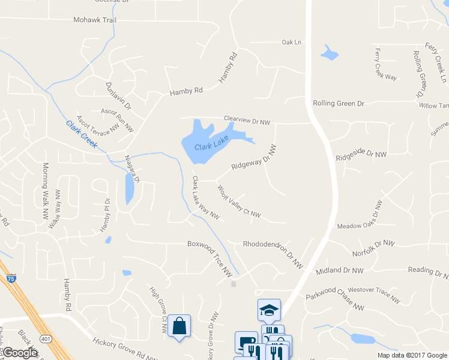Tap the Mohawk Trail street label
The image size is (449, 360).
94,20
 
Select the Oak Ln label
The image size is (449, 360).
291,42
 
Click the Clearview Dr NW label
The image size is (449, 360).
247,120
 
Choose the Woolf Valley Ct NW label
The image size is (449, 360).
239,201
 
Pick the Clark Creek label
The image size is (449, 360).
82,134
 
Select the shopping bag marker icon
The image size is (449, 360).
179,326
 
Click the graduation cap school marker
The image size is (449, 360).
269,310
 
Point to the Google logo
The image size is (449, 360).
20,353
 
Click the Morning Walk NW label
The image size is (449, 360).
44,191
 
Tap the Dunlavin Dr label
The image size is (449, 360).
118,96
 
